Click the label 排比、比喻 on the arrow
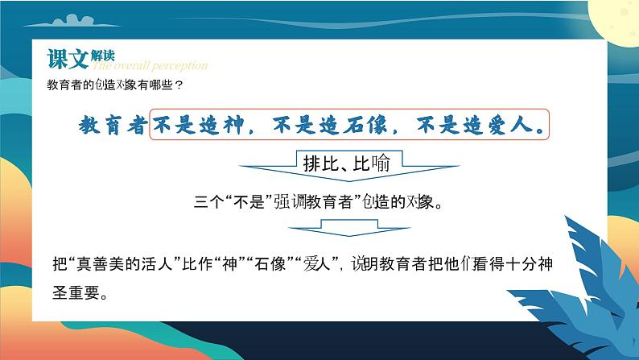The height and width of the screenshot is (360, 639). [x=346, y=163]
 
